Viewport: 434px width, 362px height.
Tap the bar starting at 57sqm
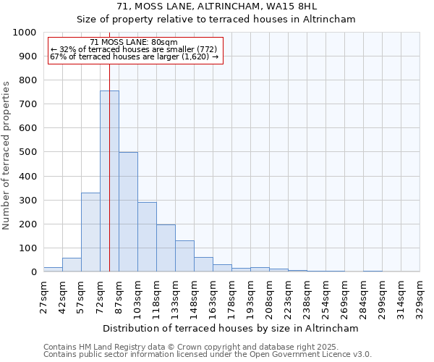click(90, 232)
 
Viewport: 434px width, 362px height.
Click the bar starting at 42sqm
click(72, 264)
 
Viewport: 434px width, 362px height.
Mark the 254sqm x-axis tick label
click(326, 297)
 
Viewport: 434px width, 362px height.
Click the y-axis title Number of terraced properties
click(7, 155)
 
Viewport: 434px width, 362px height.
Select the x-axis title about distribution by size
click(231, 328)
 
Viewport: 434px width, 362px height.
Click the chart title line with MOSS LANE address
click(216, 7)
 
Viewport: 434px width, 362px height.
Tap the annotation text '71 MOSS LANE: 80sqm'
click(134, 43)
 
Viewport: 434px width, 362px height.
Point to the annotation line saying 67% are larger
click(134, 56)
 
